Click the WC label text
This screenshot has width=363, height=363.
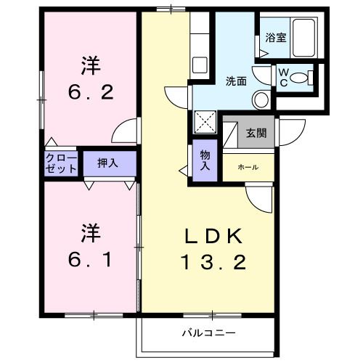283,76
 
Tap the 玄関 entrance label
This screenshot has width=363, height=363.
255,133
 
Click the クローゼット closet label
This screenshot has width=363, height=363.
61,163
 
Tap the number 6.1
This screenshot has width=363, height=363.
90,258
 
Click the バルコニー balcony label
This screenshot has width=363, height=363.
208,333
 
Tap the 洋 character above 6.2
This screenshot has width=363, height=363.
90,66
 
